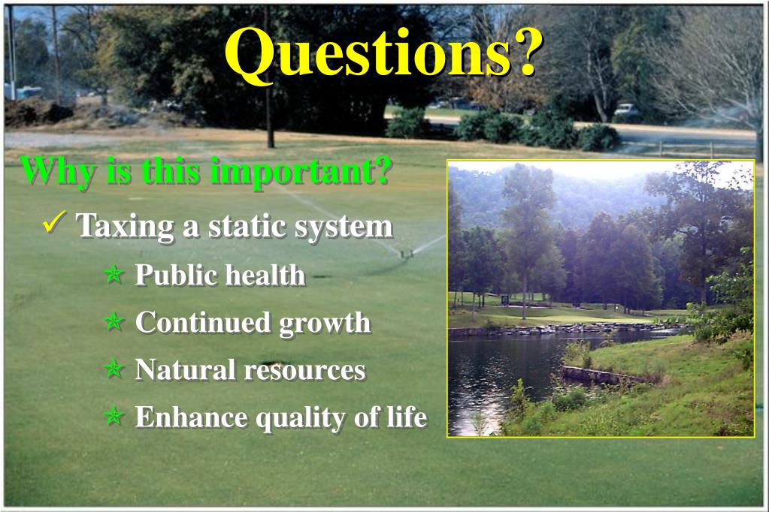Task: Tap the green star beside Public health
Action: coord(114,276)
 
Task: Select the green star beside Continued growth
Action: coord(114,324)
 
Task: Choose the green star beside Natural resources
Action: coord(114,370)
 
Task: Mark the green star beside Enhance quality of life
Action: coord(114,417)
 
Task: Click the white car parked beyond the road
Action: coord(625,110)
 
